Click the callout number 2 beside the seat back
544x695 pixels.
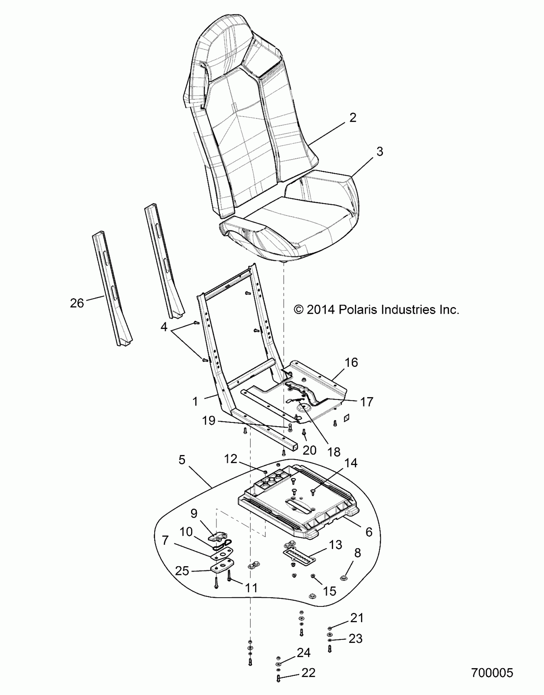(x=353, y=118)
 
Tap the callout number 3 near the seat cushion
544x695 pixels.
(x=380, y=151)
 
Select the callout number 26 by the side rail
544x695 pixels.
(x=77, y=303)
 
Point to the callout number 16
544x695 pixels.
(x=351, y=363)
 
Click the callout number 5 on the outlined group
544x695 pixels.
(x=182, y=460)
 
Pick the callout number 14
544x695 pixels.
(x=351, y=463)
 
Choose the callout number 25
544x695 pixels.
(x=182, y=571)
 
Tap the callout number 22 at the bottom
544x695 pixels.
(x=308, y=673)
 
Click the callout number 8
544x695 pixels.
(x=357, y=553)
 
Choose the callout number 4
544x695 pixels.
(x=164, y=327)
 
